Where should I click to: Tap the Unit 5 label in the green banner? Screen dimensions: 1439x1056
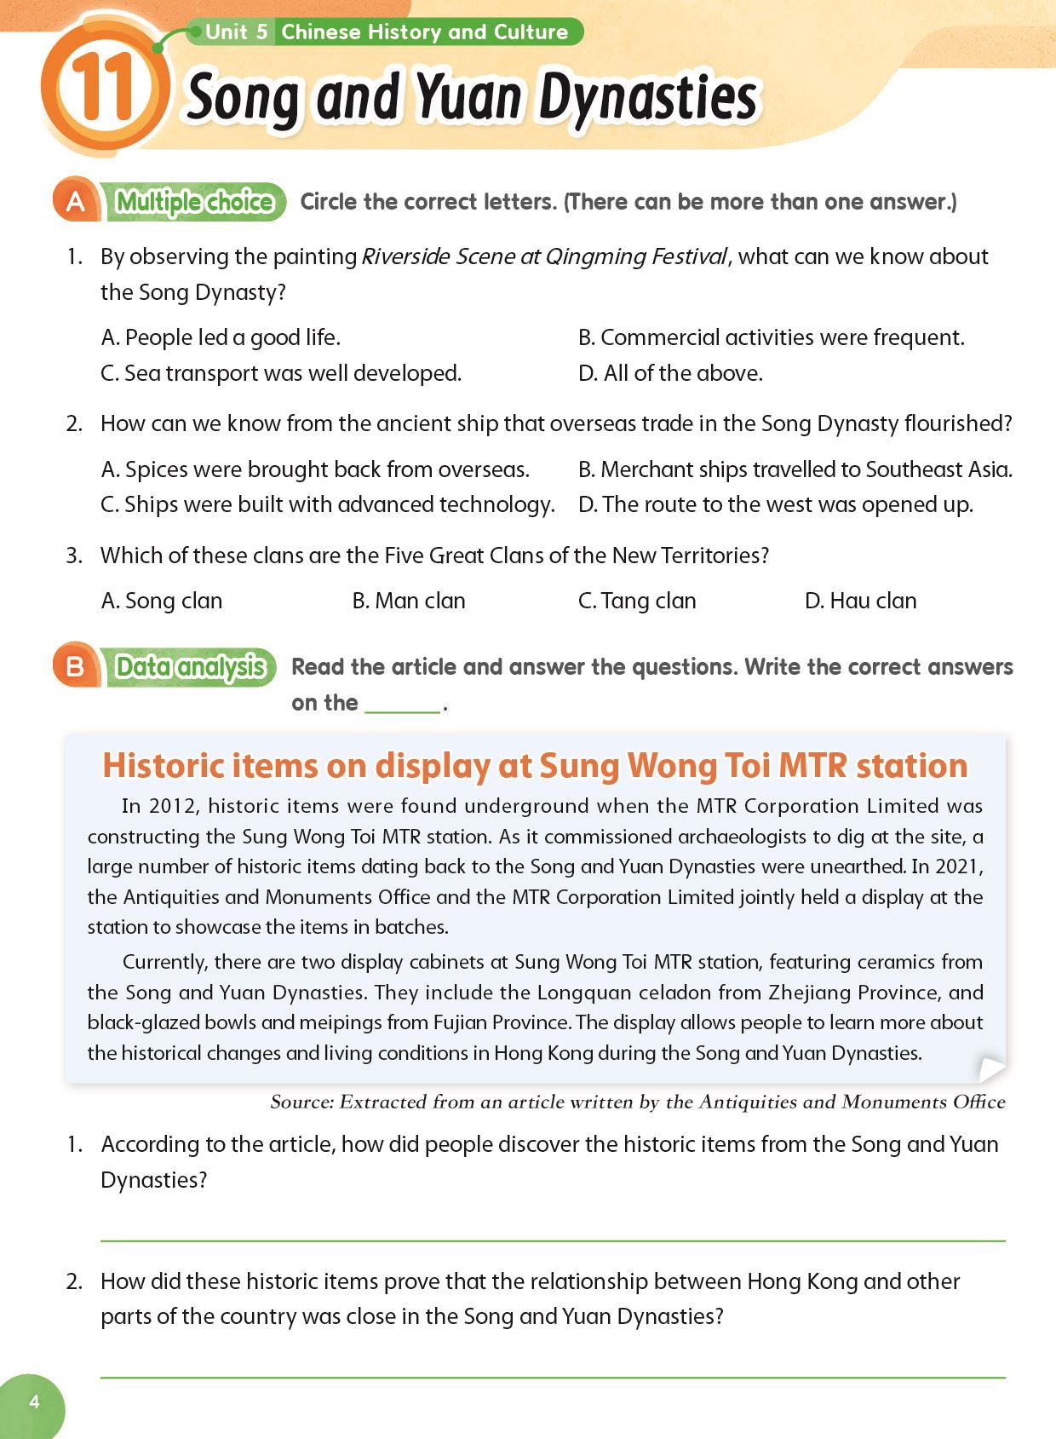point(236,32)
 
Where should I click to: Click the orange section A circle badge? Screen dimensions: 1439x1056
point(75,202)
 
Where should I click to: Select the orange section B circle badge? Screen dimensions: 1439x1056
point(75,665)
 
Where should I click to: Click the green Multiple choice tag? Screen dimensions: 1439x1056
point(194,202)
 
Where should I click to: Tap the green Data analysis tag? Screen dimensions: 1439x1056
point(190,666)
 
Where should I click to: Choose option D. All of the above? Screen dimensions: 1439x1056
point(670,373)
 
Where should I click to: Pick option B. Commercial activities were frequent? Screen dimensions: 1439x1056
point(771,337)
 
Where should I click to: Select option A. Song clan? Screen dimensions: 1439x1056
point(161,601)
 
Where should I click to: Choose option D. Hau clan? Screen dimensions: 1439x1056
point(860,601)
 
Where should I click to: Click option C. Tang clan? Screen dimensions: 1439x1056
point(636,601)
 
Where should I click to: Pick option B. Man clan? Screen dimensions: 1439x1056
point(409,601)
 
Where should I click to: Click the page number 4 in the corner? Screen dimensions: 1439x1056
point(34,1402)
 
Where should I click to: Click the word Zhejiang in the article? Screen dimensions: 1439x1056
point(808,993)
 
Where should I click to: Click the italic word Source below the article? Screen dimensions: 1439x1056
point(301,1102)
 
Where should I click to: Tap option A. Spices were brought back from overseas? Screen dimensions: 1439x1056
point(315,469)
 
